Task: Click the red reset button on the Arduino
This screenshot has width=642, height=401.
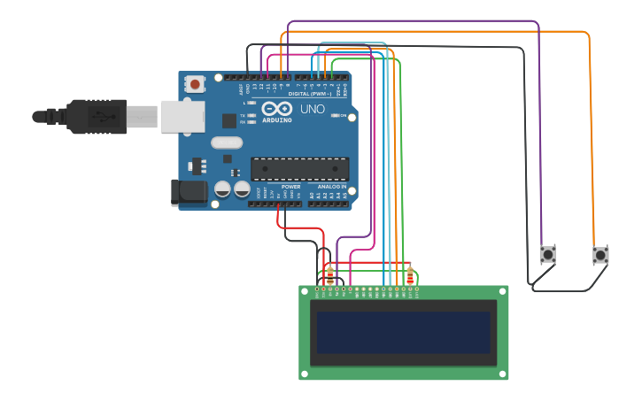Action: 194,84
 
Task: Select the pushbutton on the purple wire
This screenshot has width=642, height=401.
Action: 548,255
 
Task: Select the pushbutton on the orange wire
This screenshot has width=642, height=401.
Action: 600,255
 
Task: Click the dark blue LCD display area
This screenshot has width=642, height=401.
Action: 404,332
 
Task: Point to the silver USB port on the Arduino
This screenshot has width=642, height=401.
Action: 182,116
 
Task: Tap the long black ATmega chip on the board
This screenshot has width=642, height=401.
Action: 299,168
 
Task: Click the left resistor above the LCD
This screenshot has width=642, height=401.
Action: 330,274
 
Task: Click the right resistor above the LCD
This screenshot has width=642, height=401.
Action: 409,274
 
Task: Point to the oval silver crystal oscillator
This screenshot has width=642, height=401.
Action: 227,143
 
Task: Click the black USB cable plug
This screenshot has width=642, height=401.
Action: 97,116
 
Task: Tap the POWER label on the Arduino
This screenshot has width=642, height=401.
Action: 290,187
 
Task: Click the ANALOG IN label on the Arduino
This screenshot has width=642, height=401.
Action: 332,187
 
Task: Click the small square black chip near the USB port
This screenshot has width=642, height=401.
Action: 229,120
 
